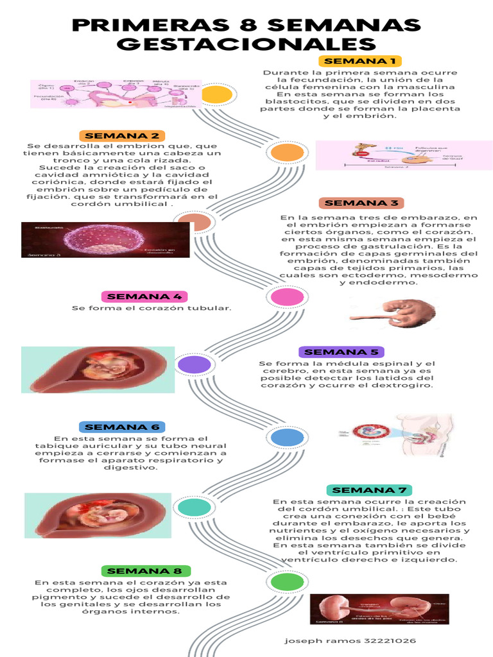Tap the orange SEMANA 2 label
(122, 136)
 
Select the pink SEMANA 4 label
(144, 296)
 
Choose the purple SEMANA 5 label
(342, 352)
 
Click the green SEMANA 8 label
(146, 571)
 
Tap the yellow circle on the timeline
(216, 95)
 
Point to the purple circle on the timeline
(195, 364)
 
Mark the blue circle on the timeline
(286, 438)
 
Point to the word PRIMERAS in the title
(143, 25)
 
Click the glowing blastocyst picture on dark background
(105, 240)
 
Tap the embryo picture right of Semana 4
(394, 313)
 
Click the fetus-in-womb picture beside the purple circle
(98, 370)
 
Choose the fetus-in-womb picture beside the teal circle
(98, 515)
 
